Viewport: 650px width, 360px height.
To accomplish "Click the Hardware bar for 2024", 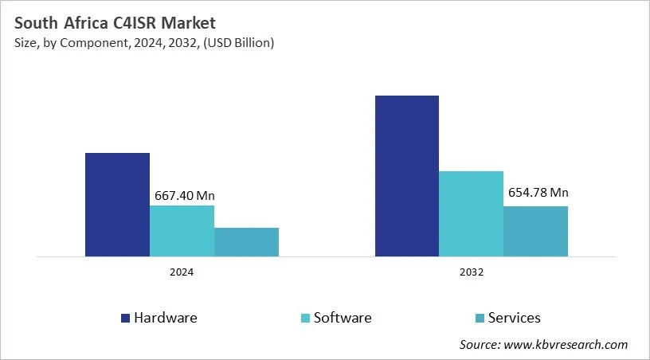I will [117, 205].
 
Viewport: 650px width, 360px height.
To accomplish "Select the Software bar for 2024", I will [182, 231].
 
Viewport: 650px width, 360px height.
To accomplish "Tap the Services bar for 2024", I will [246, 242].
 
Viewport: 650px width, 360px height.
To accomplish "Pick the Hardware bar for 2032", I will [406, 176].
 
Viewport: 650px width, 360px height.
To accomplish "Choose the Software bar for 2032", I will [471, 213].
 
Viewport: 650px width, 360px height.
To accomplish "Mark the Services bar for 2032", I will [535, 231].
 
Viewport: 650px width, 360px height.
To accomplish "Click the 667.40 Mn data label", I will [182, 195].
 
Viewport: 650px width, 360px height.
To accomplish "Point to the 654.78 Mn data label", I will [536, 193].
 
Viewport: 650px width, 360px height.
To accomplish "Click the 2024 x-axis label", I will [182, 272].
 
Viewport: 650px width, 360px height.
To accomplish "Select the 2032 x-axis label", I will [471, 272].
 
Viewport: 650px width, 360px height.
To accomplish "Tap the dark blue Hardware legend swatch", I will [125, 318].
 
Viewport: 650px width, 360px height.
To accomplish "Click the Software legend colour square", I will [305, 318].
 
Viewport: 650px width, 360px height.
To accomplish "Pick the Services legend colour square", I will [480, 318].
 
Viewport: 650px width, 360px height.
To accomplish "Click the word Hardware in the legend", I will [166, 318].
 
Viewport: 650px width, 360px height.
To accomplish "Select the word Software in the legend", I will [343, 318].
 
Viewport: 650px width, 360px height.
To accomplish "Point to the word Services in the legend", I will [515, 318].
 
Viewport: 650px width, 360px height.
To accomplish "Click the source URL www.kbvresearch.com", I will [566, 345].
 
